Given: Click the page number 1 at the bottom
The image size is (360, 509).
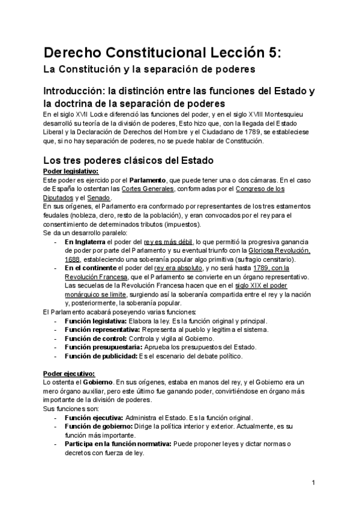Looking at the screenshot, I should tap(314, 483).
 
